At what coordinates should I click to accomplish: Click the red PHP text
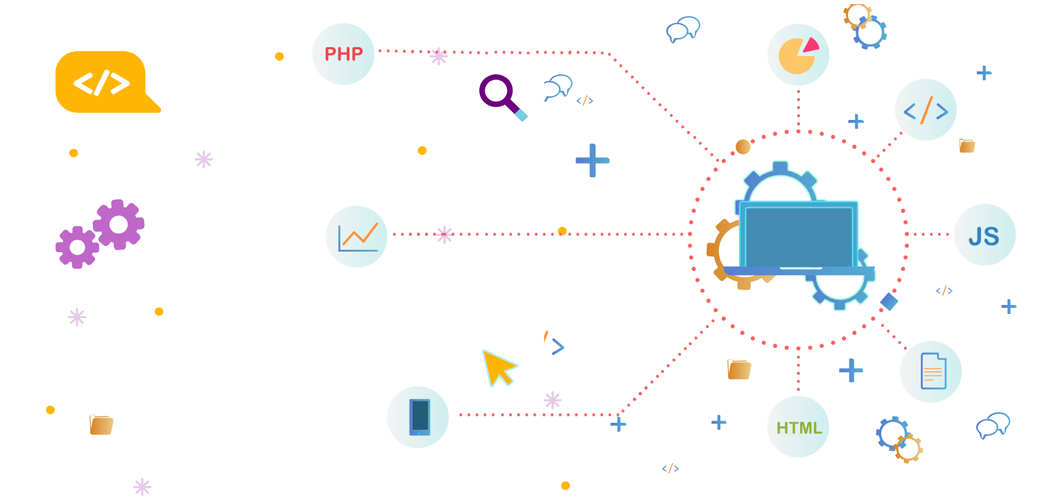(343, 54)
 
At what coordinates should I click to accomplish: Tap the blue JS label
(984, 236)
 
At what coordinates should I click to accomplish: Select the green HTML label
(799, 428)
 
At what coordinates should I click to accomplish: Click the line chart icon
(358, 237)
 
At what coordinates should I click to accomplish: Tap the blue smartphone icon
(419, 417)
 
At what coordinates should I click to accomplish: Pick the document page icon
(933, 371)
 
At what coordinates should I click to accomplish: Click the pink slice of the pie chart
(809, 46)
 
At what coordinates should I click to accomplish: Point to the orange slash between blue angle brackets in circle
(926, 110)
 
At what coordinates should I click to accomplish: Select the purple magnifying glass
(498, 92)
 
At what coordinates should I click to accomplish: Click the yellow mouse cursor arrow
(497, 366)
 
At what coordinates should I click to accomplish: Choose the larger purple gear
(119, 225)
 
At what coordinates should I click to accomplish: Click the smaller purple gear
(76, 247)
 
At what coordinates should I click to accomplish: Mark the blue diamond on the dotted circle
(889, 301)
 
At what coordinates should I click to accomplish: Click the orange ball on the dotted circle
(743, 147)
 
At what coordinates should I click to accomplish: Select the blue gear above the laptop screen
(780, 182)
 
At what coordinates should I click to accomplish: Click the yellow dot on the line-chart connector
(562, 231)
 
